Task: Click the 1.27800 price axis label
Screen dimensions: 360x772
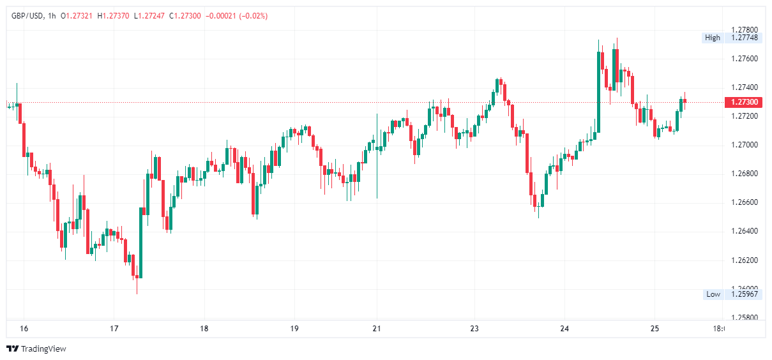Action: coord(744,30)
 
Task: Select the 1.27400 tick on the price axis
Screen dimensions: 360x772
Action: coord(744,87)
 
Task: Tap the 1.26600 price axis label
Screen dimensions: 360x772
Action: coord(744,202)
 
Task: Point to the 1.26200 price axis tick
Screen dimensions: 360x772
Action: coord(744,260)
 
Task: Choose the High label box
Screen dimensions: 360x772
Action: coord(712,38)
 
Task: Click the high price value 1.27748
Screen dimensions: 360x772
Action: coord(744,38)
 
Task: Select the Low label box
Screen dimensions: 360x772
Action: coord(713,294)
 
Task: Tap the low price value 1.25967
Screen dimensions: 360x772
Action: coord(744,294)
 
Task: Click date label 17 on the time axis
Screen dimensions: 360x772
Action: coord(114,329)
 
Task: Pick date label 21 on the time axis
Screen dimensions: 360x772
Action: coord(377,329)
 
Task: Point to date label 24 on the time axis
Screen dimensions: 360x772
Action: coord(564,329)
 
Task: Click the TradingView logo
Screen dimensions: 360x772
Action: coord(36,349)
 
